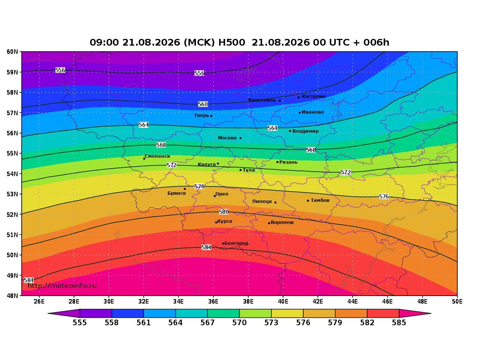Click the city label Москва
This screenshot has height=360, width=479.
227,138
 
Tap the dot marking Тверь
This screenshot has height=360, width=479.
211,116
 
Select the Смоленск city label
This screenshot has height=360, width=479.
157,156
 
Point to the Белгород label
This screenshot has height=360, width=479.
236,243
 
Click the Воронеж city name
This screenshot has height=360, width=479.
282,222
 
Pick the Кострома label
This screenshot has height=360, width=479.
314,96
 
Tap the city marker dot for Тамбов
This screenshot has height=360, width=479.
308,200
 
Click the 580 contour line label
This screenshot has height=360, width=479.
224,212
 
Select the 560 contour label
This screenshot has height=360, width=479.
203,104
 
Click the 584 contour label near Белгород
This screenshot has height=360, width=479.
206,247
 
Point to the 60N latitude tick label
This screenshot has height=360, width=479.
12,52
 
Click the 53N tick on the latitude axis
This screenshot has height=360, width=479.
12,194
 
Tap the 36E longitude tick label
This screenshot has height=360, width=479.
213,302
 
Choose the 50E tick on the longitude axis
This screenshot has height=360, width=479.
457,302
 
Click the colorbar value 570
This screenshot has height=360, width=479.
239,323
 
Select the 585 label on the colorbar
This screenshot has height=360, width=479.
399,323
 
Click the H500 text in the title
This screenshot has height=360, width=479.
231,42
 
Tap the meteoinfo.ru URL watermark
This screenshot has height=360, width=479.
62,286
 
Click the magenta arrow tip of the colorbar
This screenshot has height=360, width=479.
431,313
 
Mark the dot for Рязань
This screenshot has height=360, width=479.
277,162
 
